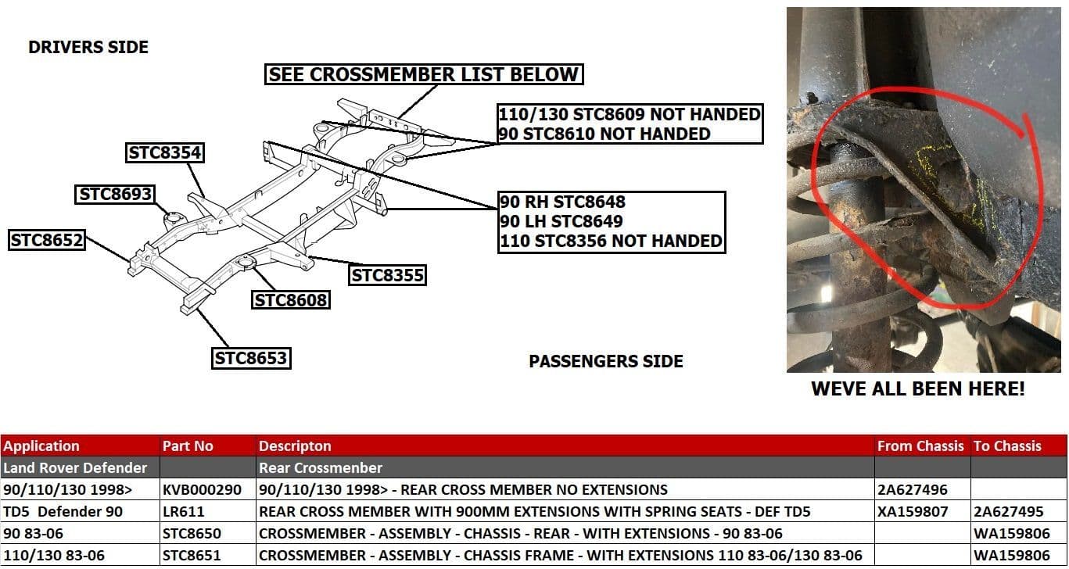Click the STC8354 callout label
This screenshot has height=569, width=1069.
tap(165, 153)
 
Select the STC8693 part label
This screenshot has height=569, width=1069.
tap(115, 194)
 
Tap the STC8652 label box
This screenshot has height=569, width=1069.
tap(47, 240)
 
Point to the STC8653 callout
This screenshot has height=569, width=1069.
tap(251, 358)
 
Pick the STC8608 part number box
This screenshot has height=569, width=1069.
tap(290, 299)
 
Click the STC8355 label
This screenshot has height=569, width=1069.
tap(387, 275)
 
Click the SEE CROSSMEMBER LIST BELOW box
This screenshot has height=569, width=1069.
tap(424, 75)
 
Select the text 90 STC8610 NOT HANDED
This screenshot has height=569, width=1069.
tap(604, 134)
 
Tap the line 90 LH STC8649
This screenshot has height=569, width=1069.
tap(561, 221)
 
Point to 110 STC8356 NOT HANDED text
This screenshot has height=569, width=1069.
tap(611, 241)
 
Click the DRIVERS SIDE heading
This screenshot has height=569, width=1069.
tap(88, 47)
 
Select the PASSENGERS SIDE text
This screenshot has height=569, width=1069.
tap(606, 361)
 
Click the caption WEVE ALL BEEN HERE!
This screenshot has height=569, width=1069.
tap(917, 388)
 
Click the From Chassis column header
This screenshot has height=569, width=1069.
tap(920, 446)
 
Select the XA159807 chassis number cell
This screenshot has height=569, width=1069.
tap(913, 512)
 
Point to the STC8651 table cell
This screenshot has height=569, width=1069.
tap(192, 556)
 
